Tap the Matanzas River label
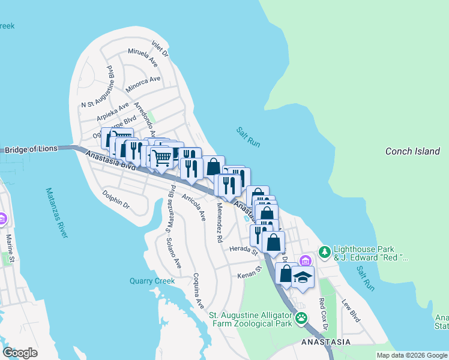point(56,213)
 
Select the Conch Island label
point(412,151)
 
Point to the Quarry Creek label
point(152,281)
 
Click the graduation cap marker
point(303,277)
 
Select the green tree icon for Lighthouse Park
point(325,250)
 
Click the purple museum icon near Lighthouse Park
point(306,260)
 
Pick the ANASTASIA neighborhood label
point(326,342)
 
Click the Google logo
point(20,352)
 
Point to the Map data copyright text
point(412,355)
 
